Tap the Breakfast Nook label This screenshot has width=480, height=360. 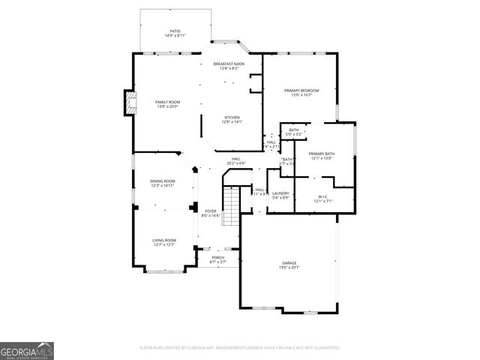[229, 64]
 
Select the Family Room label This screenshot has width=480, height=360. [168, 102]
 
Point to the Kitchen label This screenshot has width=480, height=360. [232, 118]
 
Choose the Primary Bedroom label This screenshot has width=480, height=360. [301, 91]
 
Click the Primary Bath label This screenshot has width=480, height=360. [322, 154]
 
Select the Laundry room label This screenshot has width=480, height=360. [280, 193]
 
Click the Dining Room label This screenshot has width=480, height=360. [163, 181]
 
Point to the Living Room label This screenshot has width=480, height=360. [164, 241]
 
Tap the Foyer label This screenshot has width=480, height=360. [211, 211]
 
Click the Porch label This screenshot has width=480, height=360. [217, 258]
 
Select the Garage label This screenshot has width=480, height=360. [289, 262]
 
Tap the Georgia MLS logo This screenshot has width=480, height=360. [27, 350]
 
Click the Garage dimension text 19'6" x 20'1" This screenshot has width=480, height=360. [289, 267]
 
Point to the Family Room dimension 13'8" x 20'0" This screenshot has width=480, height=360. [168, 106]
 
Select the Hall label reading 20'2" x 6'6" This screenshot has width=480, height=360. [236, 160]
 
